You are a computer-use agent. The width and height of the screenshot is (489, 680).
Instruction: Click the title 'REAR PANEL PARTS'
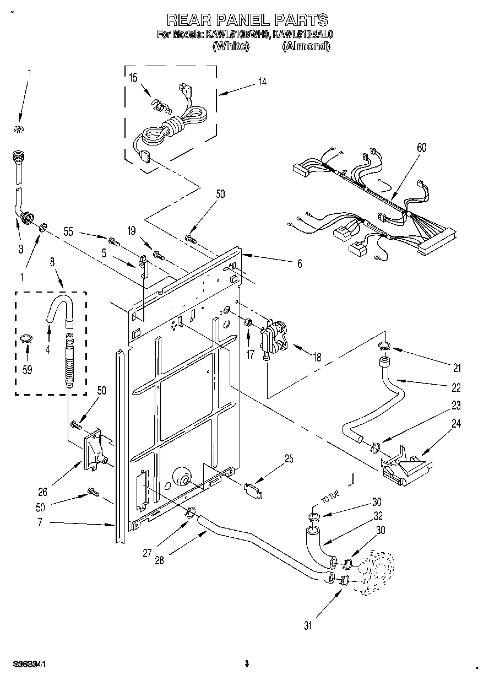pyautogui.click(x=247, y=20)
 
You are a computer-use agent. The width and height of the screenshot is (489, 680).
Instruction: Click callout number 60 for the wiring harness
pyautogui.click(x=422, y=148)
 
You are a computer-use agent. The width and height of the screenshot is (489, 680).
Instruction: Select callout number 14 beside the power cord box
pyautogui.click(x=262, y=82)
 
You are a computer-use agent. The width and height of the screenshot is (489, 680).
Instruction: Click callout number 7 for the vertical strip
pyautogui.click(x=40, y=522)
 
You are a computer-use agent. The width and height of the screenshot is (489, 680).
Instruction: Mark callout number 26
pyautogui.click(x=42, y=492)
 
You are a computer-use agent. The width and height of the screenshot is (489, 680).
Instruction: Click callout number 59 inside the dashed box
pyautogui.click(x=26, y=370)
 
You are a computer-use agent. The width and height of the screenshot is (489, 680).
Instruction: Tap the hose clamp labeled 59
pyautogui.click(x=26, y=339)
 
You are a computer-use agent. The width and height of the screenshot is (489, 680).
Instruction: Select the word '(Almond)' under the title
pyautogui.click(x=306, y=47)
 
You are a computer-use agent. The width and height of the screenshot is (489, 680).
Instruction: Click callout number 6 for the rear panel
pyautogui.click(x=299, y=264)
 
